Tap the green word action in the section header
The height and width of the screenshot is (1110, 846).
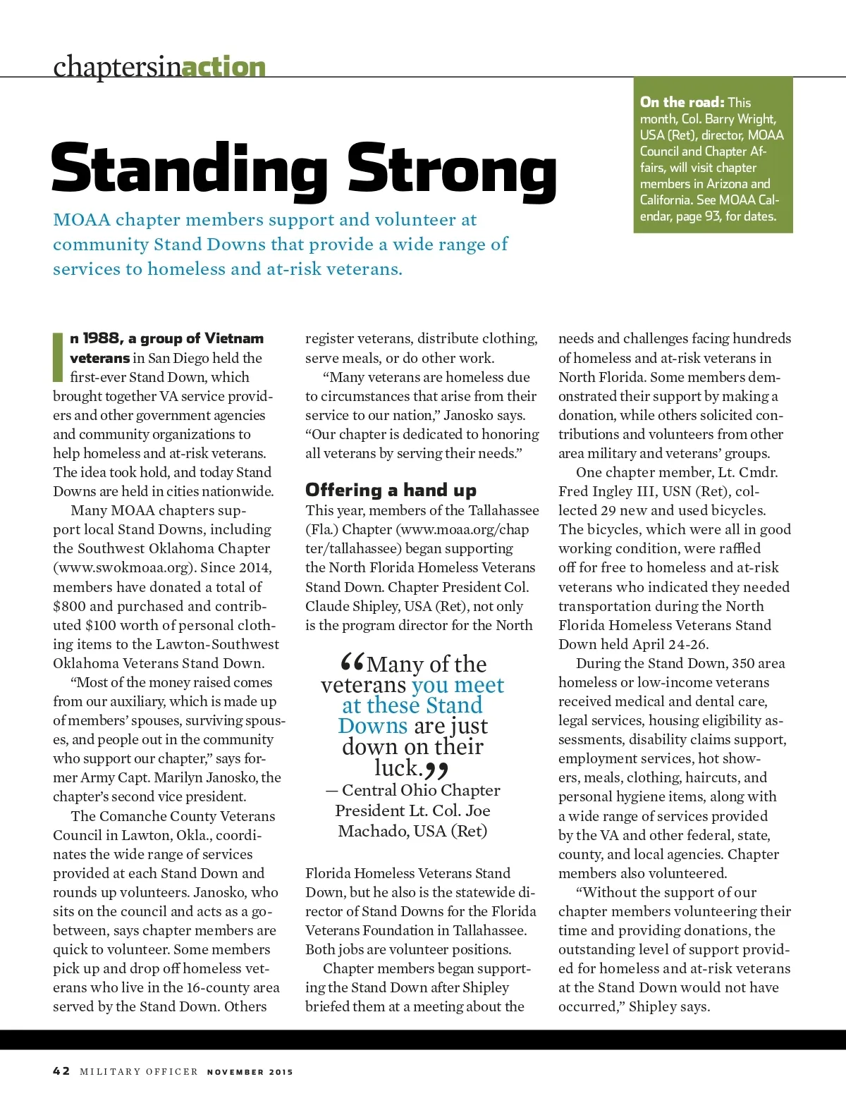point(223,67)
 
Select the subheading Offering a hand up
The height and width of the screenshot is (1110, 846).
point(391,490)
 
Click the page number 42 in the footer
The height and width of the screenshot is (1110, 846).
point(61,1071)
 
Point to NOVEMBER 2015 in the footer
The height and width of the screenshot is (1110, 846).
point(250,1072)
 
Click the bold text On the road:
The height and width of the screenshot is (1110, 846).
point(682,102)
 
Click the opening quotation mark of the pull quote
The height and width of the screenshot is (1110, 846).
point(351,662)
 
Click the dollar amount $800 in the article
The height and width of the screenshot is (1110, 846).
point(69,606)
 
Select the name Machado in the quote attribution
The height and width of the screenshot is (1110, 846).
point(371,831)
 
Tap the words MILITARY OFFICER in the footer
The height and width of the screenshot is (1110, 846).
point(139,1072)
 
